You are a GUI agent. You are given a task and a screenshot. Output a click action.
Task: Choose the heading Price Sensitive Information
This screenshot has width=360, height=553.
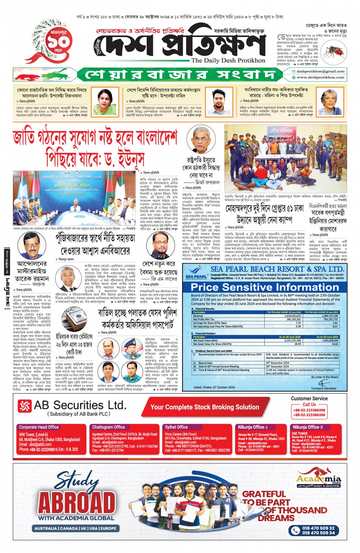264,287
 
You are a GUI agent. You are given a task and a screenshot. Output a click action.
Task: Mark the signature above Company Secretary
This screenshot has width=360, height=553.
323,383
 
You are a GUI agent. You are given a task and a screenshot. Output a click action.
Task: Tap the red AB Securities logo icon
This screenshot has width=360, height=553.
25,406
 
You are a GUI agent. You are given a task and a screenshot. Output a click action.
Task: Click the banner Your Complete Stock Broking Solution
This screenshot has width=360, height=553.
205,407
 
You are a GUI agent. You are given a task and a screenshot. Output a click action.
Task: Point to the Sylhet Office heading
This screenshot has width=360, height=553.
176,427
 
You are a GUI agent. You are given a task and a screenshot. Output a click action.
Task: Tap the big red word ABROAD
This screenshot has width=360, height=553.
77,503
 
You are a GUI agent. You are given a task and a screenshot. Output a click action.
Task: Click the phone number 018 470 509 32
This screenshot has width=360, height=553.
318,528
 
